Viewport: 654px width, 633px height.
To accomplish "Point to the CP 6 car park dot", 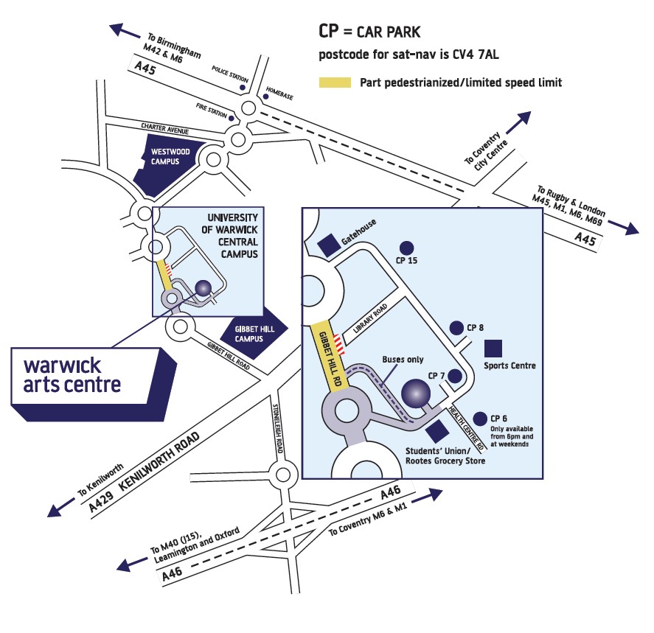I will click(481, 417).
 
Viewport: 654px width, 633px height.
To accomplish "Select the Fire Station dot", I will click(232, 118).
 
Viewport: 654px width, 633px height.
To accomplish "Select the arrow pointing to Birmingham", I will click(125, 31).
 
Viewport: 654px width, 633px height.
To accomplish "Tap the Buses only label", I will click(403, 360).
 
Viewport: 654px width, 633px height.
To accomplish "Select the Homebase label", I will click(280, 85).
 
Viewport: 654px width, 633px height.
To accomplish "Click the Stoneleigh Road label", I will click(278, 430).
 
